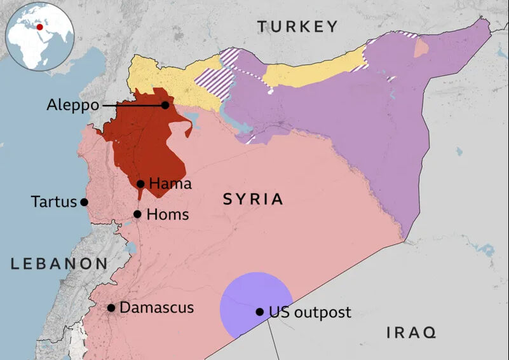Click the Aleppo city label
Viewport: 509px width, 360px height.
point(72,105)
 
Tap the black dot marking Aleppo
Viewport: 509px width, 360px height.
point(165,105)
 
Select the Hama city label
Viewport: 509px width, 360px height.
point(169,184)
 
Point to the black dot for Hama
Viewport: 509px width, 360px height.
point(140,184)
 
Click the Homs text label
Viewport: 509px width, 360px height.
point(167,214)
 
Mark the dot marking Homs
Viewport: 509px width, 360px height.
point(137,214)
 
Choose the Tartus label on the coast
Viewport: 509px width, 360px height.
point(53,202)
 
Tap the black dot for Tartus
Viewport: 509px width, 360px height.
point(84,202)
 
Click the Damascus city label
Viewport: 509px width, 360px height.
point(156,308)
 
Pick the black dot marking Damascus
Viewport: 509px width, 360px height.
point(111,308)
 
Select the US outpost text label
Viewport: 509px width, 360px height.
point(309,312)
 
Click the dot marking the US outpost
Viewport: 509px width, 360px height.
point(259,312)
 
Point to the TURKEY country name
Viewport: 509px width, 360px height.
point(297,26)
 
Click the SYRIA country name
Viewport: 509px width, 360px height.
point(253,199)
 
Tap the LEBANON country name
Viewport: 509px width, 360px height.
point(59,263)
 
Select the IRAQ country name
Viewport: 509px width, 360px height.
point(411,331)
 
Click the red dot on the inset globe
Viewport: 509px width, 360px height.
point(41,27)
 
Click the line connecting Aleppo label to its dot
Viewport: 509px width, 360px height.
point(130,105)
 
